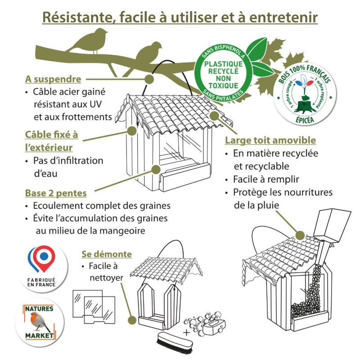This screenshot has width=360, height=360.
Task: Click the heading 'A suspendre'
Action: click(53, 79)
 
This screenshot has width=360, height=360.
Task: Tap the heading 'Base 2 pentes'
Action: click(56, 193)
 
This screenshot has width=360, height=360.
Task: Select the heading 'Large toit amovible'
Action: click(270, 140)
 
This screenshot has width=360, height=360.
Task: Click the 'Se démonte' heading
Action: click(107, 254)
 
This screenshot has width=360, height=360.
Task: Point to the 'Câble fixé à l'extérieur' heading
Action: click(51, 140)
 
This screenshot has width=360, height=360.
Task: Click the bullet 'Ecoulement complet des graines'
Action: click(102, 206)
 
